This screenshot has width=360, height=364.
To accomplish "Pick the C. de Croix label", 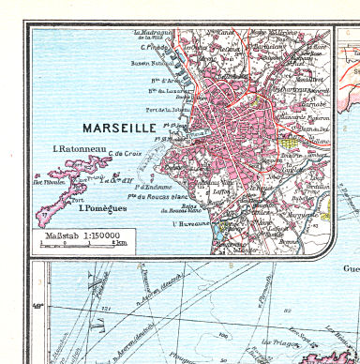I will point(126,156).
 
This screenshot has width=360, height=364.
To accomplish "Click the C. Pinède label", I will point(154,46).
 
